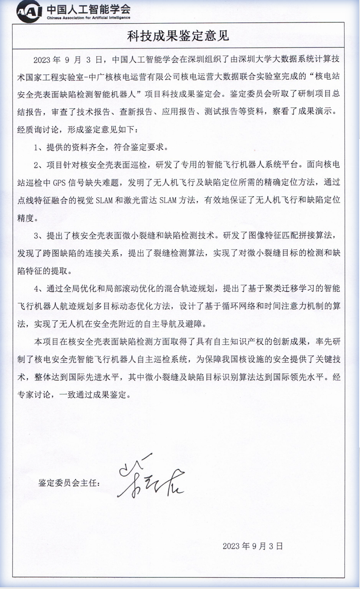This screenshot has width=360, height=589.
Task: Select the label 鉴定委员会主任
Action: point(69,484)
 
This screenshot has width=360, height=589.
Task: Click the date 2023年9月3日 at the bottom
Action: point(253,546)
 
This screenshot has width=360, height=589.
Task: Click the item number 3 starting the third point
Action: point(37,235)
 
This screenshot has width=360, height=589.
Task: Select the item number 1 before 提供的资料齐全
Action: point(37,147)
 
